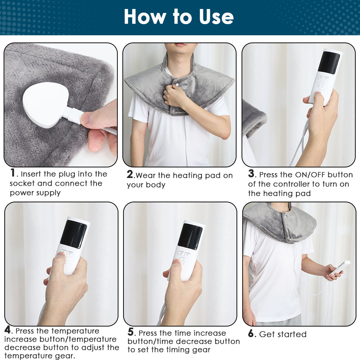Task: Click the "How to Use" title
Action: [179, 17]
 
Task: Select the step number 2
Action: [130, 175]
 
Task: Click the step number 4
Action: [8, 330]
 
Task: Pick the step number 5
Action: [131, 332]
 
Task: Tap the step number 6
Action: [251, 333]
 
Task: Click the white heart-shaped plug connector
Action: [45, 105]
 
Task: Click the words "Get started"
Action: [283, 334]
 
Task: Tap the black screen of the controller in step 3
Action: [329, 63]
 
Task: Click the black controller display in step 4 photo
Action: [73, 234]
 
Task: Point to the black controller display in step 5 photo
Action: [190, 237]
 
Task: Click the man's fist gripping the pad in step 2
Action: [175, 96]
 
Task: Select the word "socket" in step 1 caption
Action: [22, 184]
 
